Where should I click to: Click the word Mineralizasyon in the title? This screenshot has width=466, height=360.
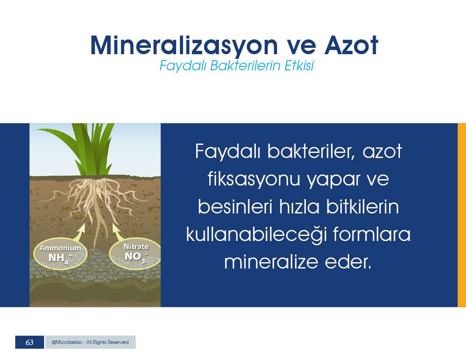(x=184, y=46)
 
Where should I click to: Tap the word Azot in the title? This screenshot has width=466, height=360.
(x=351, y=45)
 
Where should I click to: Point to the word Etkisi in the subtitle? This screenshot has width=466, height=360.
(x=299, y=66)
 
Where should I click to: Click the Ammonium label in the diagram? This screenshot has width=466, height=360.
(x=60, y=248)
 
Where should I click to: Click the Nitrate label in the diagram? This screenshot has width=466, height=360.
(x=136, y=246)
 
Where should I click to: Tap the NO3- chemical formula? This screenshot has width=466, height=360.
(x=136, y=257)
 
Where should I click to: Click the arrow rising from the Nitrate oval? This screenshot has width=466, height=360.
(x=118, y=232)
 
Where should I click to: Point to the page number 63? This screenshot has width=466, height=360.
(x=29, y=342)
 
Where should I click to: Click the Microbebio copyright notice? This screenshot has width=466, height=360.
(x=90, y=342)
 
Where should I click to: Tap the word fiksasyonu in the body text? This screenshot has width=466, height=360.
(x=253, y=179)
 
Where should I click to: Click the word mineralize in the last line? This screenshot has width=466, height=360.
(x=271, y=262)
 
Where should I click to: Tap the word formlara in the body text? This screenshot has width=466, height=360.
(x=372, y=234)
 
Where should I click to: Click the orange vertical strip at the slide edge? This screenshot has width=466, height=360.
(x=462, y=215)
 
